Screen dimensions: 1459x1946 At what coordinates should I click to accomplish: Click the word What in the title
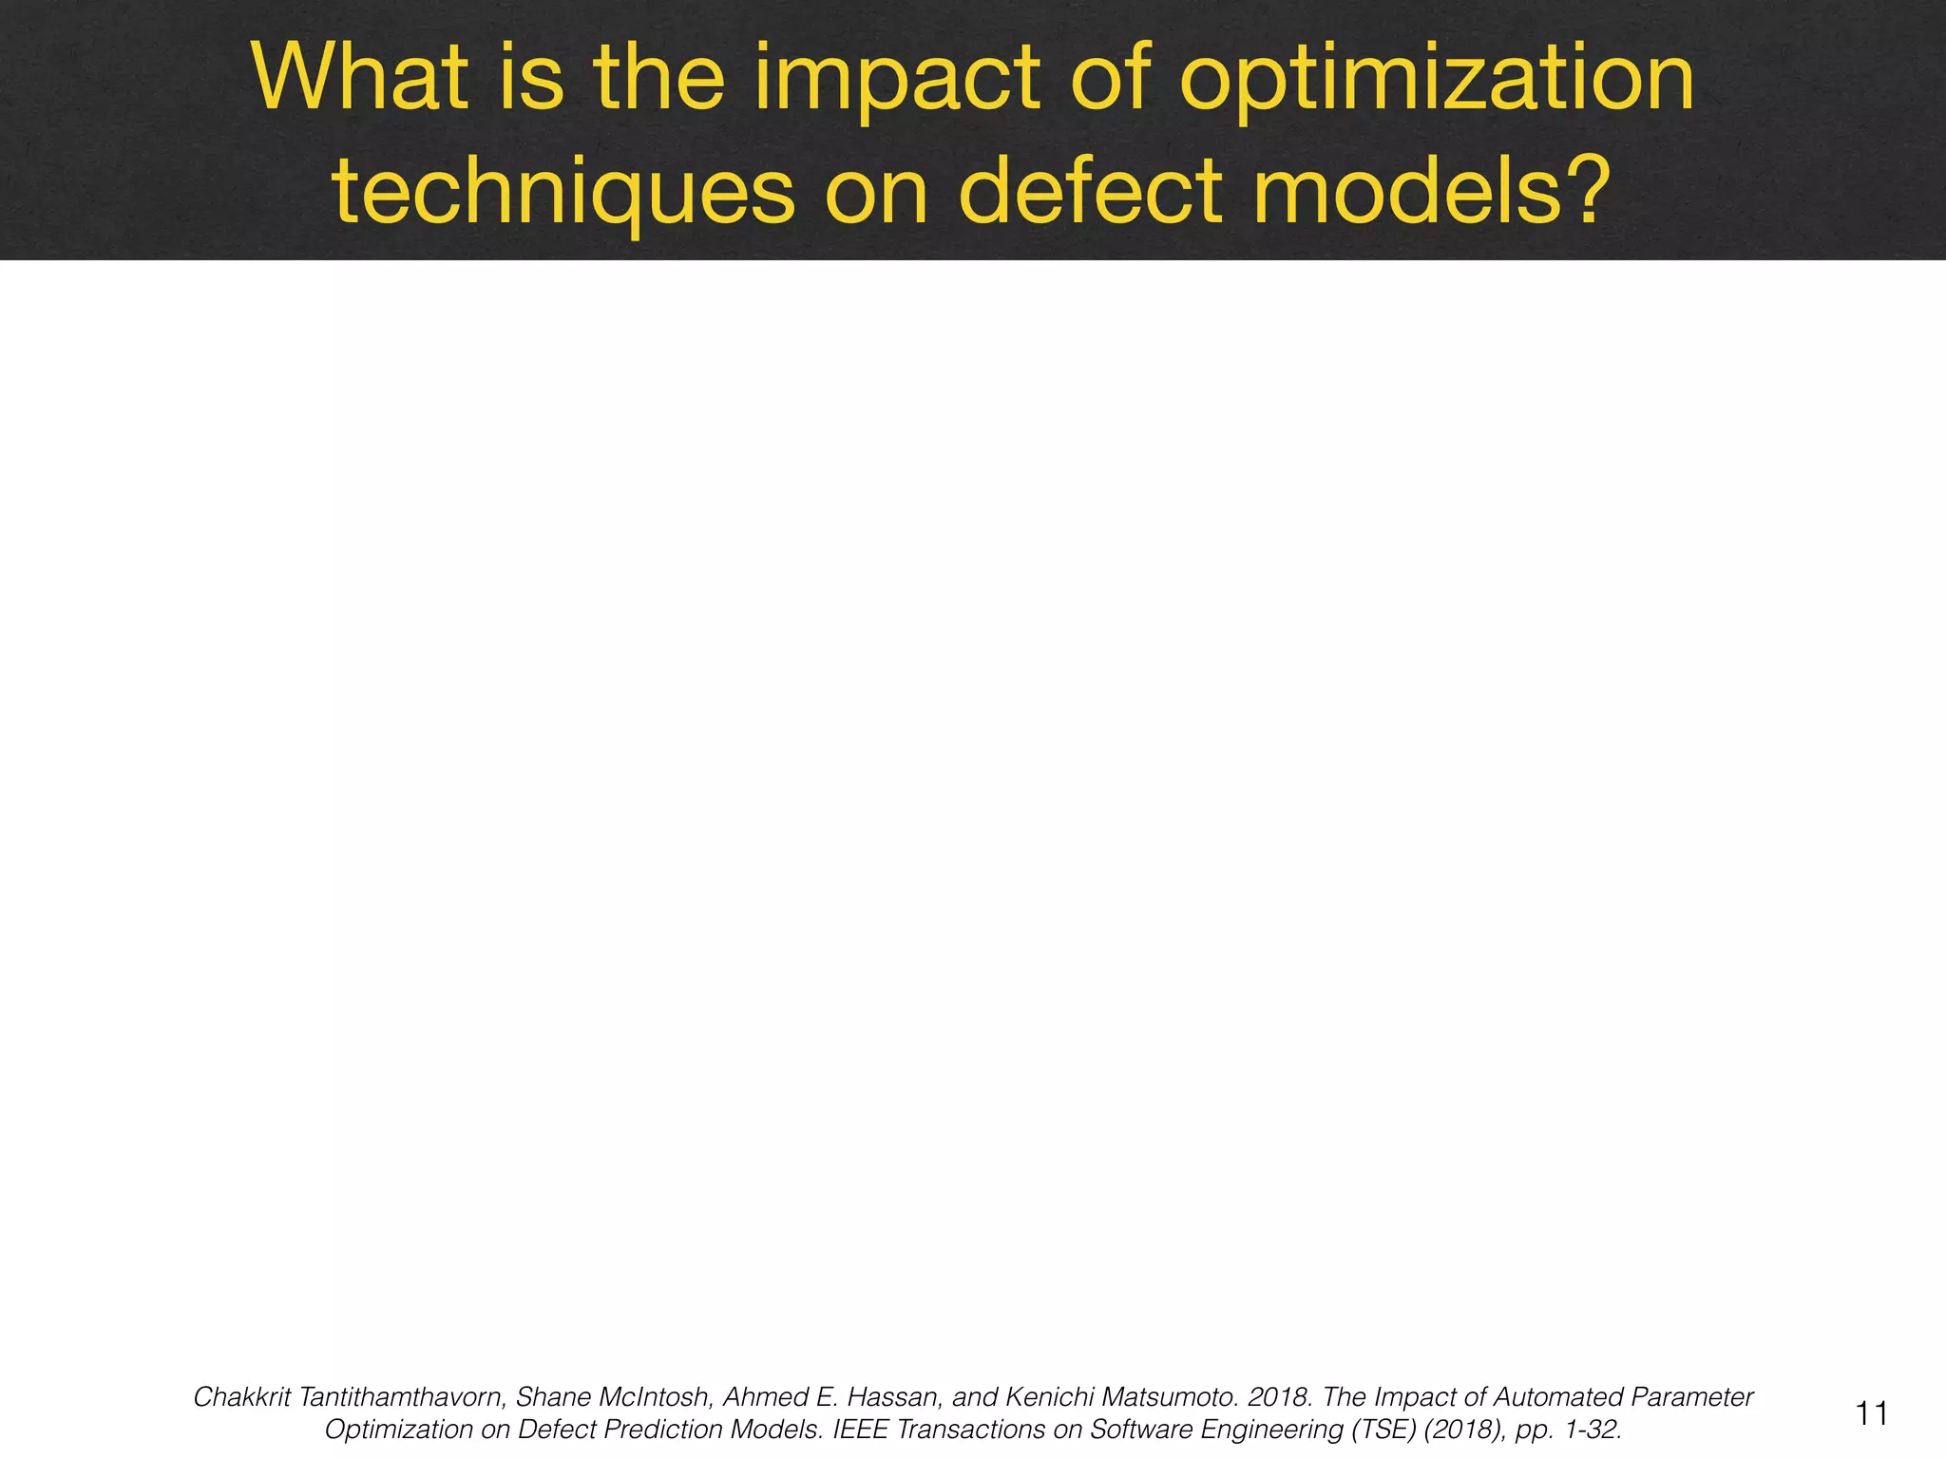360,78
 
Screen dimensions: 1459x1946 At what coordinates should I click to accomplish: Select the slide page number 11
1871,1413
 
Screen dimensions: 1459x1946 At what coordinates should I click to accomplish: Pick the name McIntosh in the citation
655,1397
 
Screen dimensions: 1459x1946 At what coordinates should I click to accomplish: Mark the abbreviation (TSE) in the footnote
1385,1430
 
